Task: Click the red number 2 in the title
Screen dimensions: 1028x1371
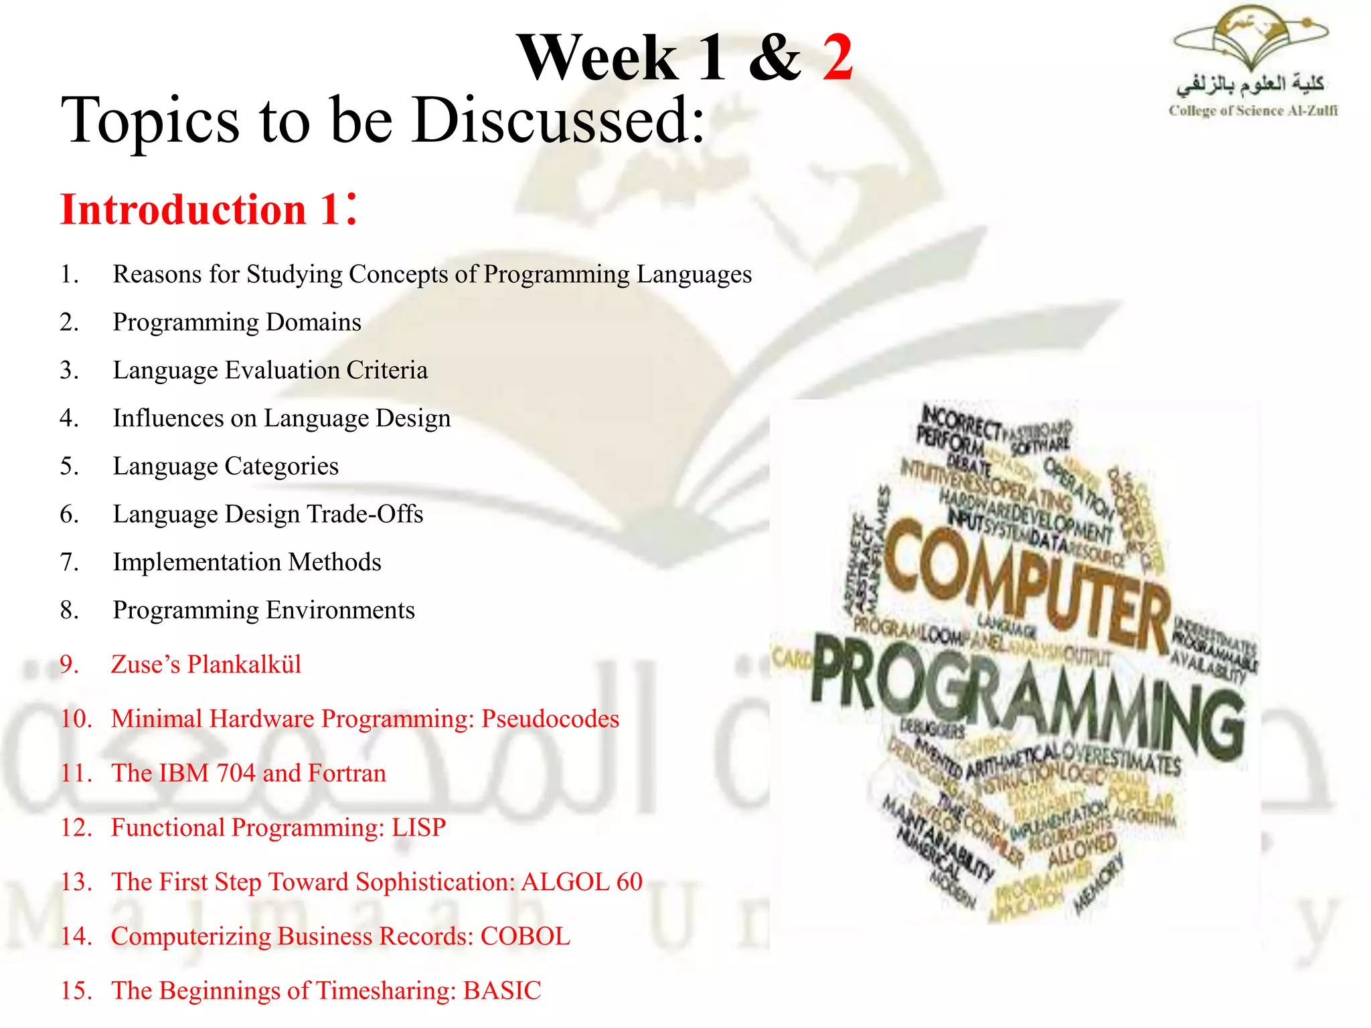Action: coord(837,58)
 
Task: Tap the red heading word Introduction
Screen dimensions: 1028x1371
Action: coord(183,210)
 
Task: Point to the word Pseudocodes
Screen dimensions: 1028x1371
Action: coord(550,719)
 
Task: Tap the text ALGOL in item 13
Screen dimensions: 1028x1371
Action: coord(565,882)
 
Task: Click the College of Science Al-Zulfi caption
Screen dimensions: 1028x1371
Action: coord(1253,111)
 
